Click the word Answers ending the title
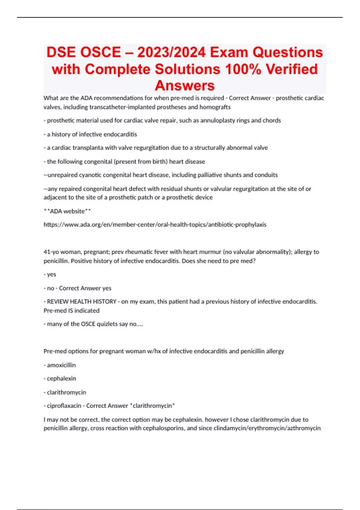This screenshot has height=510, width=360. [x=184, y=86]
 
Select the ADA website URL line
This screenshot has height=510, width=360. [x=155, y=225]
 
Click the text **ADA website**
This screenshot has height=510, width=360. [x=67, y=211]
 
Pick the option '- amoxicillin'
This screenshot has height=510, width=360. [x=60, y=365]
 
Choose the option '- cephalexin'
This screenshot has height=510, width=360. [x=60, y=379]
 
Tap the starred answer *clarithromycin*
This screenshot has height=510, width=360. [x=152, y=406]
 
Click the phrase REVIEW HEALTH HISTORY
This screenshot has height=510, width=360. [x=82, y=301]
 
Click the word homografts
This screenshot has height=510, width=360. [x=215, y=107]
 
